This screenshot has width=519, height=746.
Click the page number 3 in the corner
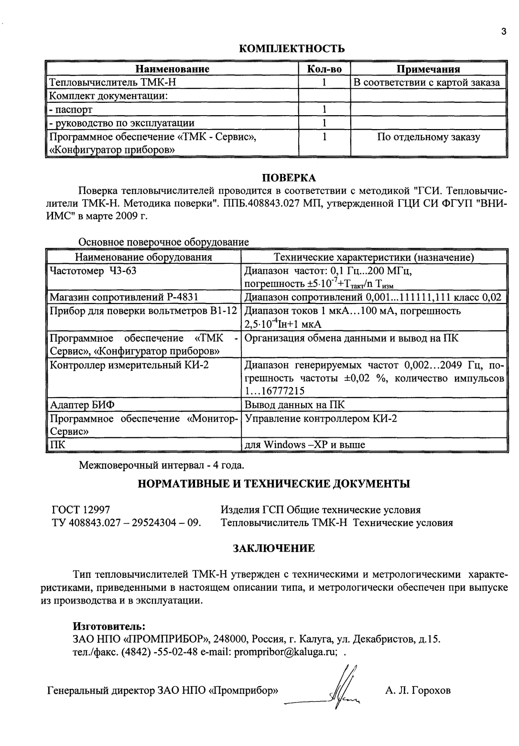[503, 32]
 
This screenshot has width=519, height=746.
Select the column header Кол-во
[324, 69]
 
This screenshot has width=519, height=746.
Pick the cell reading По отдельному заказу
[428, 138]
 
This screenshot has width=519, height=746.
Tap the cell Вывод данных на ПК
[294, 405]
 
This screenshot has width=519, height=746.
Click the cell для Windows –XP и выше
[304, 444]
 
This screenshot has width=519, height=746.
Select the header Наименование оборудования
[143, 258]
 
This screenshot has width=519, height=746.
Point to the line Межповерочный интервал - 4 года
[162, 464]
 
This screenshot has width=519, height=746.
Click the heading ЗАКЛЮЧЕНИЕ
[273, 548]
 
